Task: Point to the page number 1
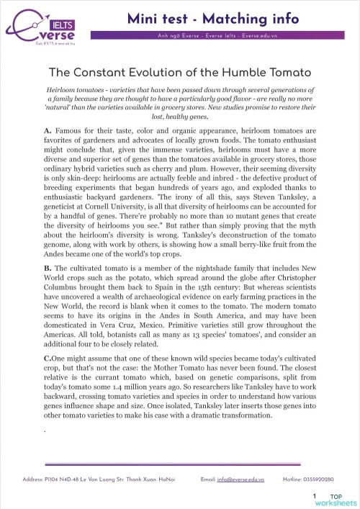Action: coord(315,496)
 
